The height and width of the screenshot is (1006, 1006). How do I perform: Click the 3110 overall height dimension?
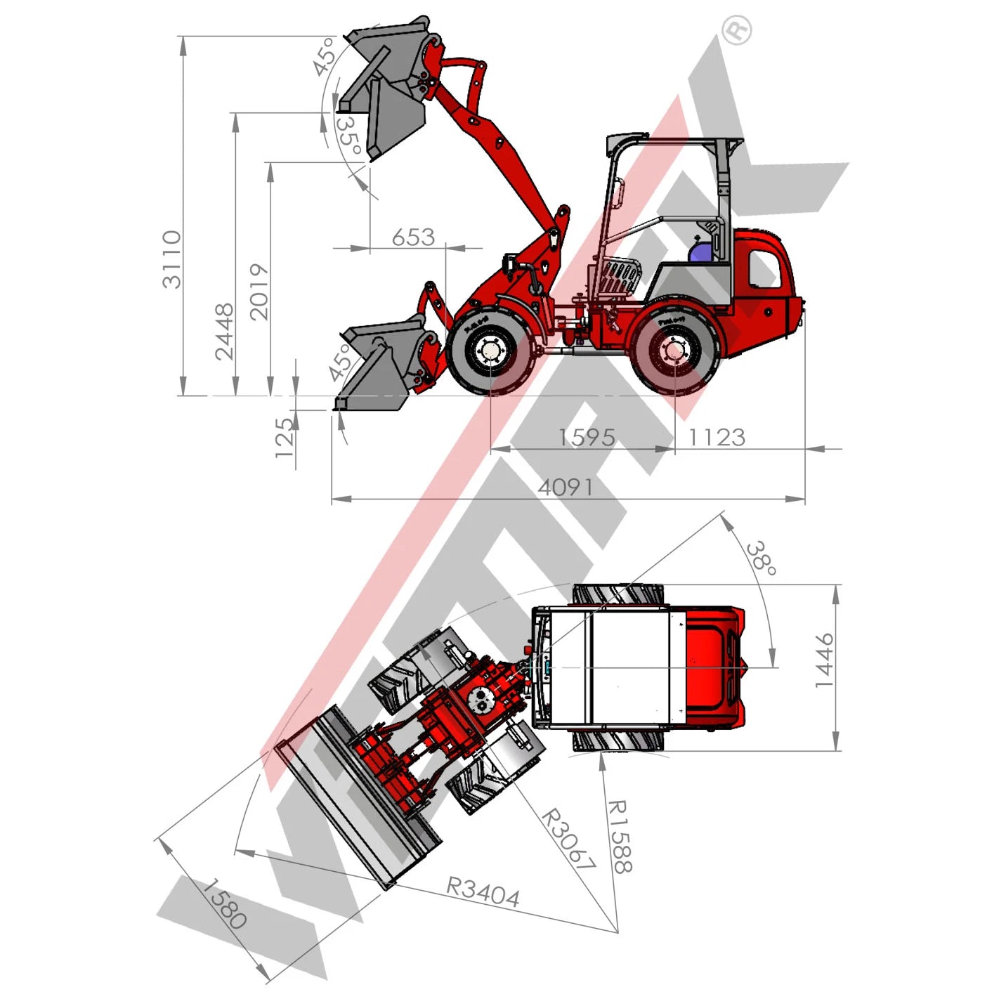[x=171, y=259]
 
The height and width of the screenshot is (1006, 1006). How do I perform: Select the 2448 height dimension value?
[x=225, y=332]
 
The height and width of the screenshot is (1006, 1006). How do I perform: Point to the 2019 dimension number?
[x=259, y=292]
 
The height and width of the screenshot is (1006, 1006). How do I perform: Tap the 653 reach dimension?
[x=413, y=237]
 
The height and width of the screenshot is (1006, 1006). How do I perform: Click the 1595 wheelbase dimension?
[x=587, y=438]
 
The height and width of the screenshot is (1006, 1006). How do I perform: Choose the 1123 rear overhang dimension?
[x=717, y=438]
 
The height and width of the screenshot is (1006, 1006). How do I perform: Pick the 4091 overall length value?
[x=566, y=488]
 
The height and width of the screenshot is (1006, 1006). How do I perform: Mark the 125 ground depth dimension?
[x=285, y=438]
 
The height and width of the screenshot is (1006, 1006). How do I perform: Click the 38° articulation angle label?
[x=762, y=558]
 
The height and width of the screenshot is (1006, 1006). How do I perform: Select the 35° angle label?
[x=348, y=135]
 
